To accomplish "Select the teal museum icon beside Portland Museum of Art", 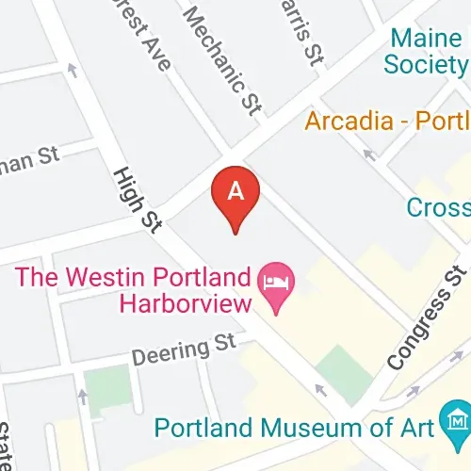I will [458, 417].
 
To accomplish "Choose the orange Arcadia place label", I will [386, 122].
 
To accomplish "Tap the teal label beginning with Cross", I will [438, 206].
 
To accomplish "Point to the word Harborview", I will [186, 303].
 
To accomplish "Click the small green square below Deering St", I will [106, 387].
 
